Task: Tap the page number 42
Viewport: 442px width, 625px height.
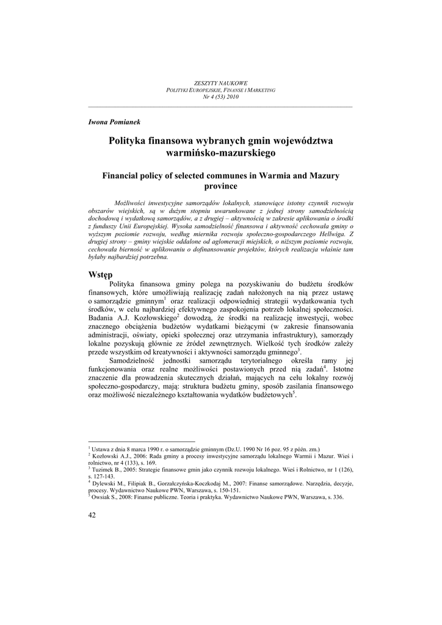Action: [93, 515]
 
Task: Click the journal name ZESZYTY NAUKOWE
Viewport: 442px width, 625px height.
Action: [220, 82]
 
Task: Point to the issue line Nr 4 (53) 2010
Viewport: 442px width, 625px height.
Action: [220, 97]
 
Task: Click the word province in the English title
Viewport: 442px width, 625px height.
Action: [220, 186]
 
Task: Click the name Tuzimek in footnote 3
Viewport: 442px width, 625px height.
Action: [106, 470]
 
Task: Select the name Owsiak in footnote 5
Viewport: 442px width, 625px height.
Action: [104, 497]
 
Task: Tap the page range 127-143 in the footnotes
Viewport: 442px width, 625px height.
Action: [101, 477]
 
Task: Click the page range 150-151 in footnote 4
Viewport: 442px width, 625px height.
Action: [228, 490]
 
